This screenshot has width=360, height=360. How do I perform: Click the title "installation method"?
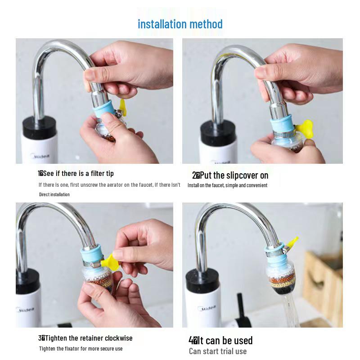click(180, 24)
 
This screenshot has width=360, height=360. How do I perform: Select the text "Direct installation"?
click(54, 194)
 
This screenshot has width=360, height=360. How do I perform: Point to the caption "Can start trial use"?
click(218, 351)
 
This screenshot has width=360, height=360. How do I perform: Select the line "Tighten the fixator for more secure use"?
click(81, 348)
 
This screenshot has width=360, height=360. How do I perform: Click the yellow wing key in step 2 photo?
click(305, 128)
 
